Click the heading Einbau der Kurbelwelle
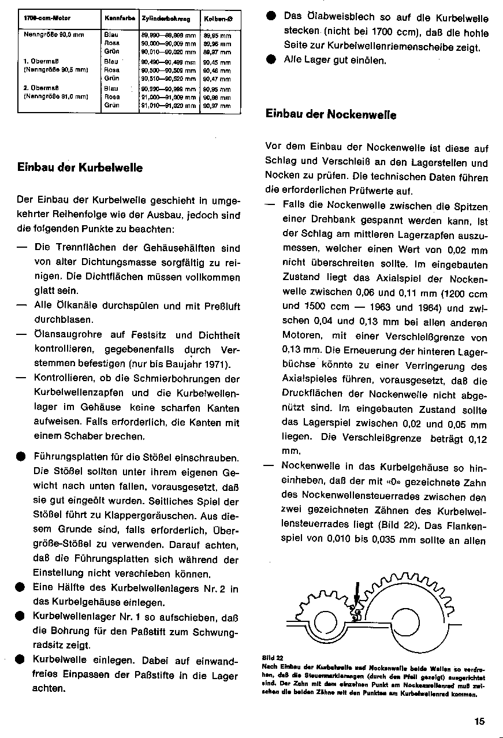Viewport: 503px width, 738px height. pyautogui.click(x=80, y=168)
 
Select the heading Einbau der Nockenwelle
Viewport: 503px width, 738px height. pyautogui.click(x=331, y=114)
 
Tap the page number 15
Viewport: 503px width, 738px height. pyautogui.click(x=480, y=721)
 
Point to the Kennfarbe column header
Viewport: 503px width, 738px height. pyautogui.click(x=120, y=19)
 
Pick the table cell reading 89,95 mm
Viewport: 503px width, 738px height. pyautogui.click(x=217, y=35)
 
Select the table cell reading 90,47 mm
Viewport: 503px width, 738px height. pyautogui.click(x=217, y=78)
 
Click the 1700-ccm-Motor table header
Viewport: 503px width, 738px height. pyautogui.click(x=43, y=19)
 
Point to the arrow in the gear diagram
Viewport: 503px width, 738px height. pyautogui.click(x=357, y=595)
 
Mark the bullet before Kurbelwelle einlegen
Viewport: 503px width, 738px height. pyautogui.click(x=21, y=659)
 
